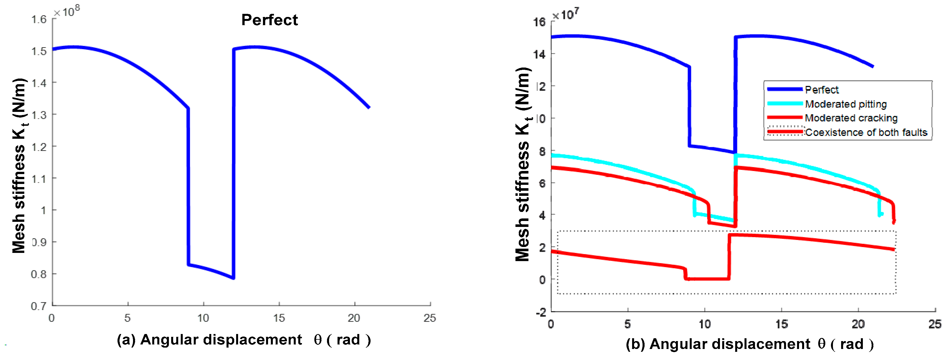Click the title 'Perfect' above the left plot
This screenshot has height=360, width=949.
click(x=269, y=20)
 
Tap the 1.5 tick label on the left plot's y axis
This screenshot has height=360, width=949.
click(x=39, y=51)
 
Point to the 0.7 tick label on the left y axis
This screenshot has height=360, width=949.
click(x=38, y=306)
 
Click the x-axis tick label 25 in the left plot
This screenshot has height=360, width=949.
click(x=430, y=318)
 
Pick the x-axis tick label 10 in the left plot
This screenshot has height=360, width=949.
click(x=203, y=318)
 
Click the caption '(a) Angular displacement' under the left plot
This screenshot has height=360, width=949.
click(x=209, y=340)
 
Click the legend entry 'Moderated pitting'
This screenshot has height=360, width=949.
click(x=845, y=104)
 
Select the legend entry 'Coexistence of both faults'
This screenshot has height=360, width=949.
click(x=866, y=132)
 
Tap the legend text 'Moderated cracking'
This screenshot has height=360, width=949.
click(x=851, y=118)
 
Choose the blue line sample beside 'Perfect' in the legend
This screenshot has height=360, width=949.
click(x=785, y=89)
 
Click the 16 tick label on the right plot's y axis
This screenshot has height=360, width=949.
click(x=539, y=22)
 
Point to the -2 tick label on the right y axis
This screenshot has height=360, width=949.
click(x=541, y=313)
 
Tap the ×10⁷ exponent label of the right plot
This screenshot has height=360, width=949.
click(x=565, y=14)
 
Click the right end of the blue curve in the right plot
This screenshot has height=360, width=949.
click(x=872, y=67)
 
